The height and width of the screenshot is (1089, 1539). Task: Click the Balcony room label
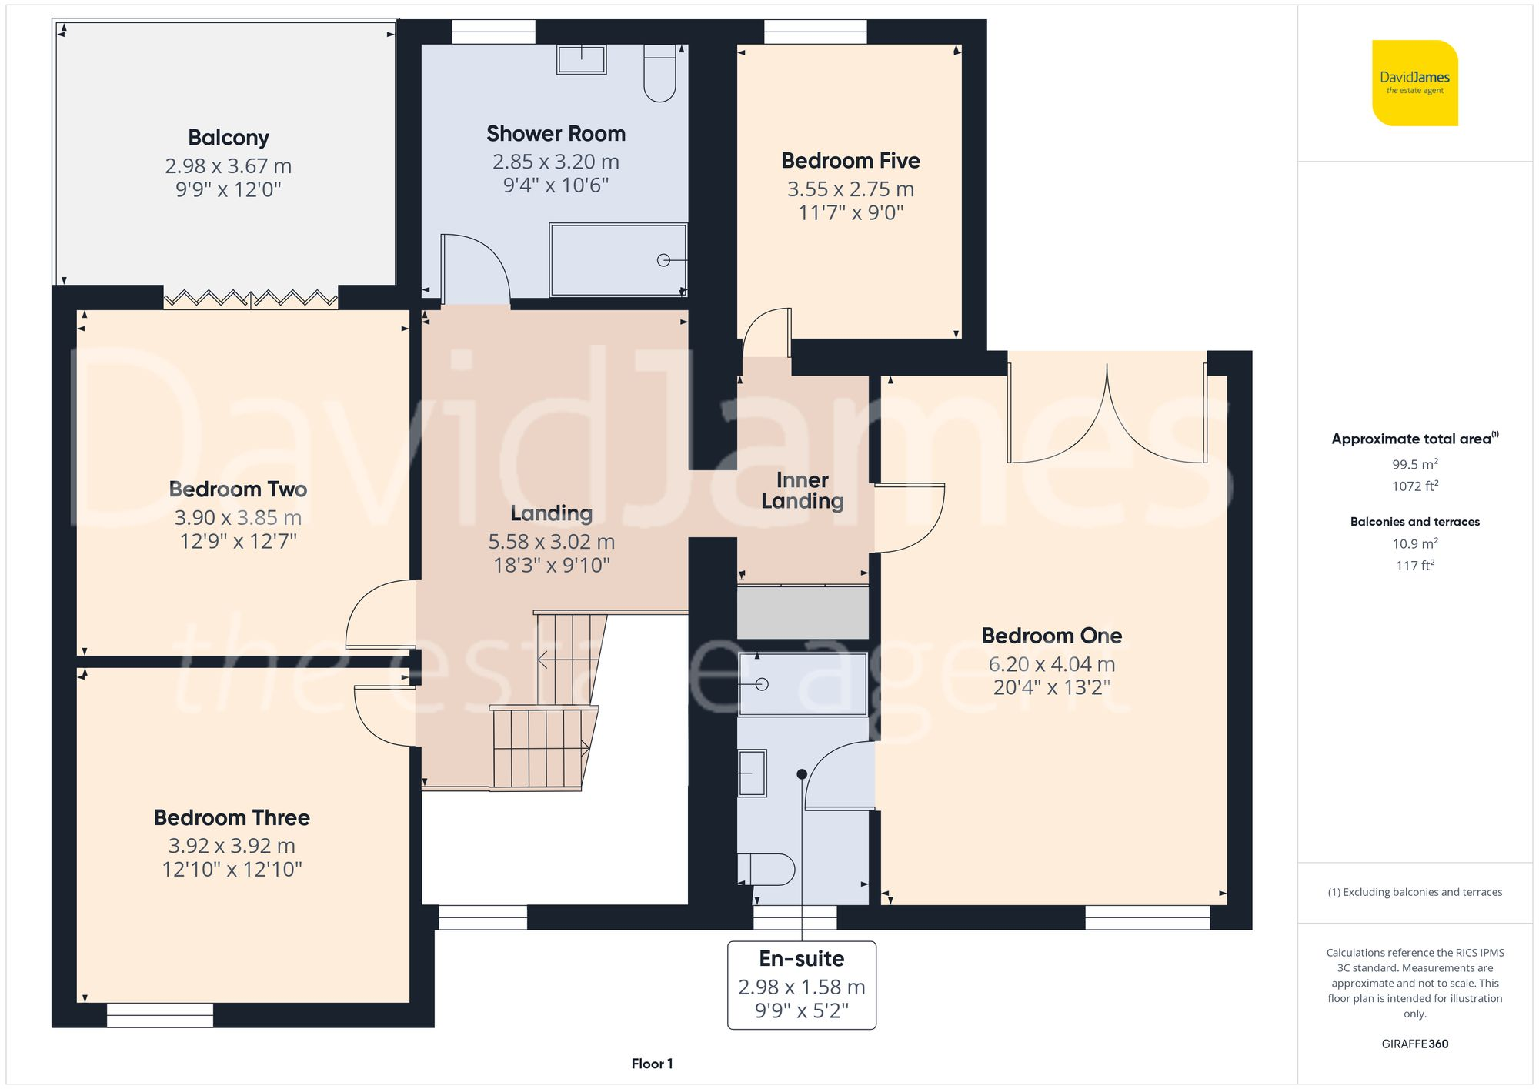point(229,138)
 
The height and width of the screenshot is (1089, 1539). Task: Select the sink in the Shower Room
point(582,59)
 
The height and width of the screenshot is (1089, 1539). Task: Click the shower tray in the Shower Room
point(618,260)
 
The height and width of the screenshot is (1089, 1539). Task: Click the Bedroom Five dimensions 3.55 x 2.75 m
point(850,189)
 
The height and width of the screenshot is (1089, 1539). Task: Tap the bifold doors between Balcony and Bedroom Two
point(251,298)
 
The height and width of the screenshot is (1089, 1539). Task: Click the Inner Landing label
point(803,490)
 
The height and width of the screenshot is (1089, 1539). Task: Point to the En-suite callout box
point(802,985)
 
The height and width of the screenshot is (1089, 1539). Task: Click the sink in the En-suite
point(752,773)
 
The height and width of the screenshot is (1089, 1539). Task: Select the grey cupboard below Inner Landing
point(803,613)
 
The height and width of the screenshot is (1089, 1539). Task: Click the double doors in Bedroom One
point(1107,416)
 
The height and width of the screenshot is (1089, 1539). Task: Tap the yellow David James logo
point(1414,83)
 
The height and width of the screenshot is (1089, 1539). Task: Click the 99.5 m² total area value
point(1414,464)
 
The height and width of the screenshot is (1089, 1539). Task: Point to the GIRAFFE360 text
point(1414,1044)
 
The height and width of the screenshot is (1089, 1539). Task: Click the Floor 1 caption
point(652,1064)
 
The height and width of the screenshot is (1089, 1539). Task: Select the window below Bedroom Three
point(160,1015)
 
